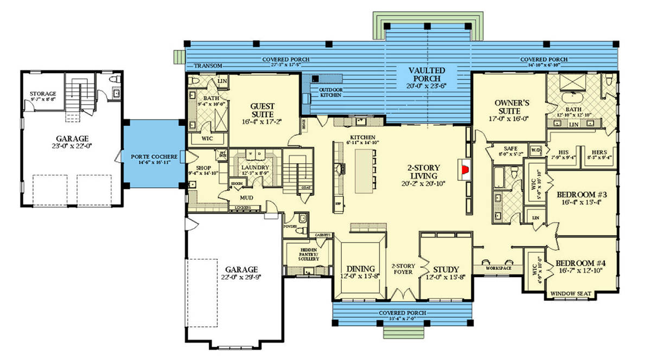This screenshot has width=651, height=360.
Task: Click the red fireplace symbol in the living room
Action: point(464,171)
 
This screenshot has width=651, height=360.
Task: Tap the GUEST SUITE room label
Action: point(262,110)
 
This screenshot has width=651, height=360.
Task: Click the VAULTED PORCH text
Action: point(427,75)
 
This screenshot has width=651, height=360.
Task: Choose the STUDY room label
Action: point(446,269)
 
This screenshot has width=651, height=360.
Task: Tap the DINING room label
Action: point(360,268)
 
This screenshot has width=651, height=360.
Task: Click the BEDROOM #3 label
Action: point(581,194)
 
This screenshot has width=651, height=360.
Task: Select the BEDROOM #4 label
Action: point(581,263)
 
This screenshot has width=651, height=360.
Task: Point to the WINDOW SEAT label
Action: point(572,294)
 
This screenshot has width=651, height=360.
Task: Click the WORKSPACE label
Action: point(499,268)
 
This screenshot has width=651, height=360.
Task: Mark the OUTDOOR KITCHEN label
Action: point(330,92)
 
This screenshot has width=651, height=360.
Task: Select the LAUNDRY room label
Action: point(255,168)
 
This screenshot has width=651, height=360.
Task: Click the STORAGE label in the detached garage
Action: point(43,94)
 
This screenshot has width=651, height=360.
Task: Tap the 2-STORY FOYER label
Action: point(403,269)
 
